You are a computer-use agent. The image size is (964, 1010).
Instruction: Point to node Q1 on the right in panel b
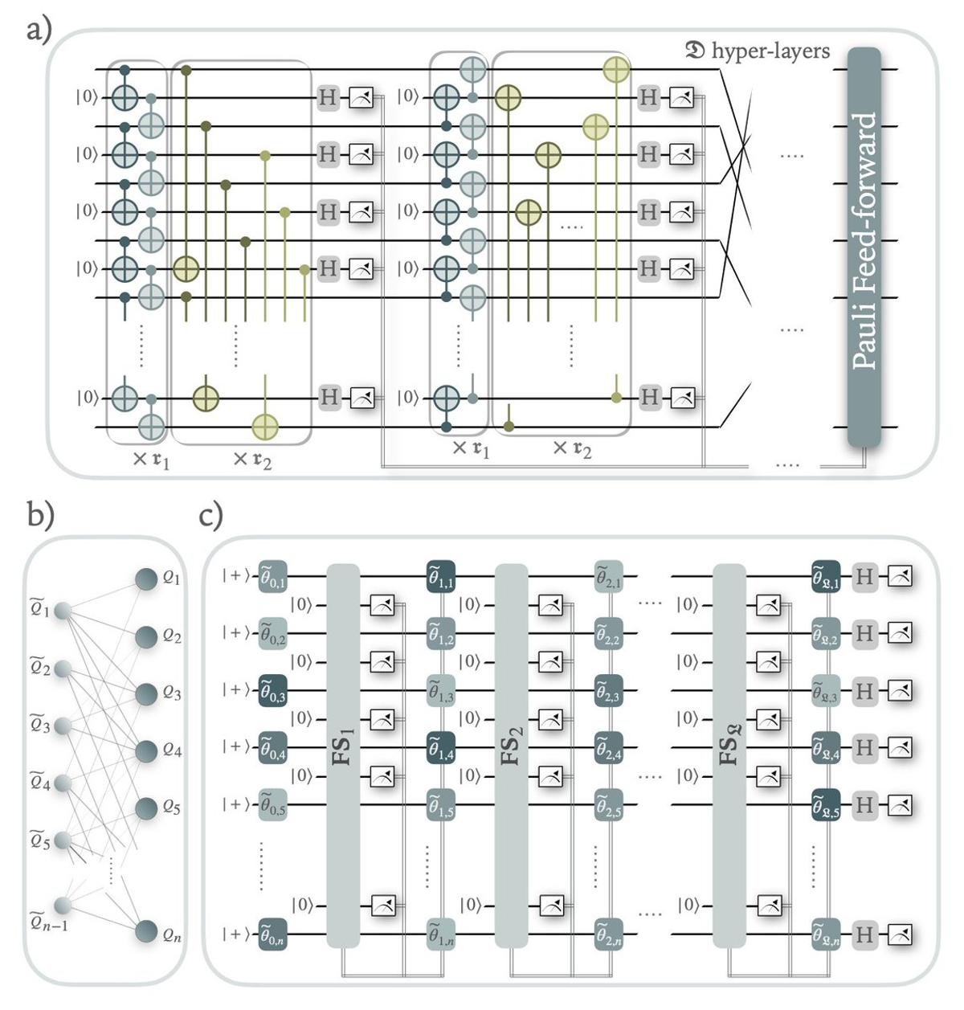[x=145, y=579]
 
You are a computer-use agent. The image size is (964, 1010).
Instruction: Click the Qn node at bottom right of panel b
[x=145, y=932]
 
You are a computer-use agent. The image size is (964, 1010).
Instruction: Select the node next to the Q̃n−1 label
[x=62, y=906]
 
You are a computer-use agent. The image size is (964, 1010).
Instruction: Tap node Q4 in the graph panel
[x=145, y=751]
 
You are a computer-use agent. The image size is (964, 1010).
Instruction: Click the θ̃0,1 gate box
[x=273, y=577]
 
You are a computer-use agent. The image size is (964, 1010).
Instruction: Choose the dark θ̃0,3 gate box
[x=273, y=691]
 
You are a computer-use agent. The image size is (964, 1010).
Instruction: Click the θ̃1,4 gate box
[x=441, y=747]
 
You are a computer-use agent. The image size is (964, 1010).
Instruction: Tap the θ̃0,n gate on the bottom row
[x=273, y=935]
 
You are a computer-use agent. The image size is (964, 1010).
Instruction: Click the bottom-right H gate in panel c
[x=864, y=935]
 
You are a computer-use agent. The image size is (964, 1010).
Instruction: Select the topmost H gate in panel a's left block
[x=327, y=98]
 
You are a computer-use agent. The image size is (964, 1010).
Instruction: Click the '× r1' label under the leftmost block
[x=150, y=461]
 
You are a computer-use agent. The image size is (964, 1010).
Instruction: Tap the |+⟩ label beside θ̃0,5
[x=238, y=805]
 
